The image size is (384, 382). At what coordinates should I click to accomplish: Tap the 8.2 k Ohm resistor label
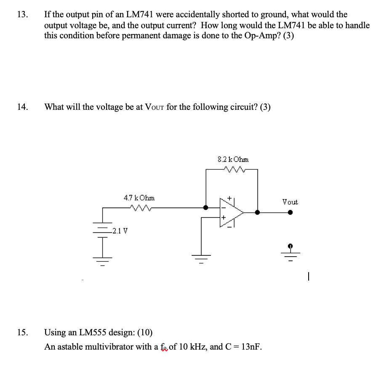[233, 159]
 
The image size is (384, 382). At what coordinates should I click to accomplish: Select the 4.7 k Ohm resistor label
[139, 197]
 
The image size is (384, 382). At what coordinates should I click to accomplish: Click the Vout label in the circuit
[290, 202]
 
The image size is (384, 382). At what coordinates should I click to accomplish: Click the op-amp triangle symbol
[231, 212]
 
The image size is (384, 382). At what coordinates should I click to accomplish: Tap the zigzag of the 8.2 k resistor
[232, 170]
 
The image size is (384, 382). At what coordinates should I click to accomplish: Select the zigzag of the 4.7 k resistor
[139, 207]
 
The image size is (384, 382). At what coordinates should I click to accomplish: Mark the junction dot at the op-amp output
[257, 212]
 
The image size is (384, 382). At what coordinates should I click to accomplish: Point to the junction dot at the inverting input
[205, 207]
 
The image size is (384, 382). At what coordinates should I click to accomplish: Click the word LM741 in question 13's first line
[140, 15]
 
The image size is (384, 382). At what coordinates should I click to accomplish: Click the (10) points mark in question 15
[144, 333]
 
